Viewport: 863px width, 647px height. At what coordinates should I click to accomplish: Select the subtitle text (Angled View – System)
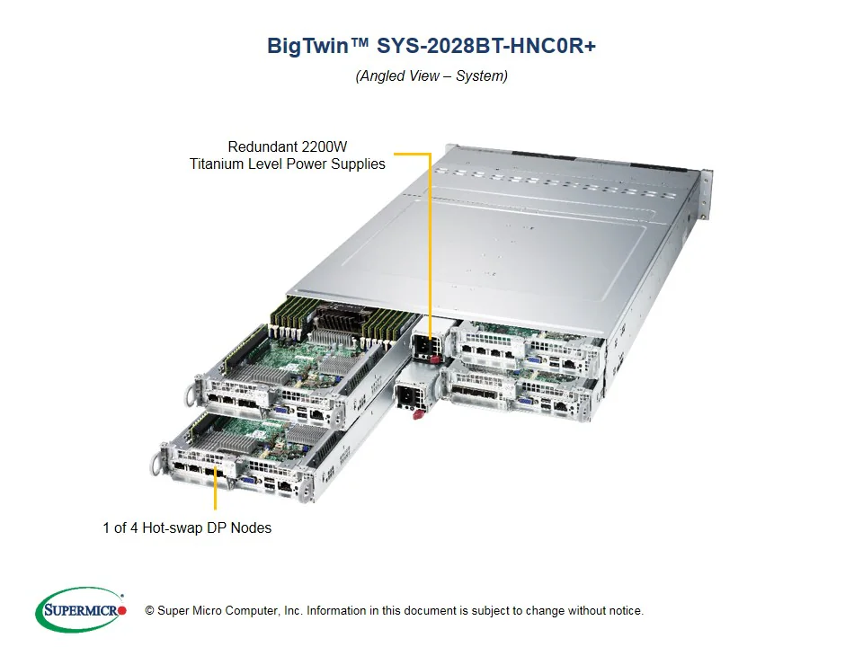(x=431, y=76)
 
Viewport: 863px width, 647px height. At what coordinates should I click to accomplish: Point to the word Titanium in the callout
(x=219, y=164)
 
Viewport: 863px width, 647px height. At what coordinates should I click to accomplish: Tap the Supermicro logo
(x=81, y=610)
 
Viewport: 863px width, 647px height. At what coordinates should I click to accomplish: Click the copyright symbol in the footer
(x=149, y=611)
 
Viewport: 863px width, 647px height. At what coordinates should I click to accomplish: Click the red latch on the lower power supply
(x=415, y=413)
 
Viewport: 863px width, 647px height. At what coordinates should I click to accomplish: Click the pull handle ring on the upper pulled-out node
(x=190, y=394)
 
